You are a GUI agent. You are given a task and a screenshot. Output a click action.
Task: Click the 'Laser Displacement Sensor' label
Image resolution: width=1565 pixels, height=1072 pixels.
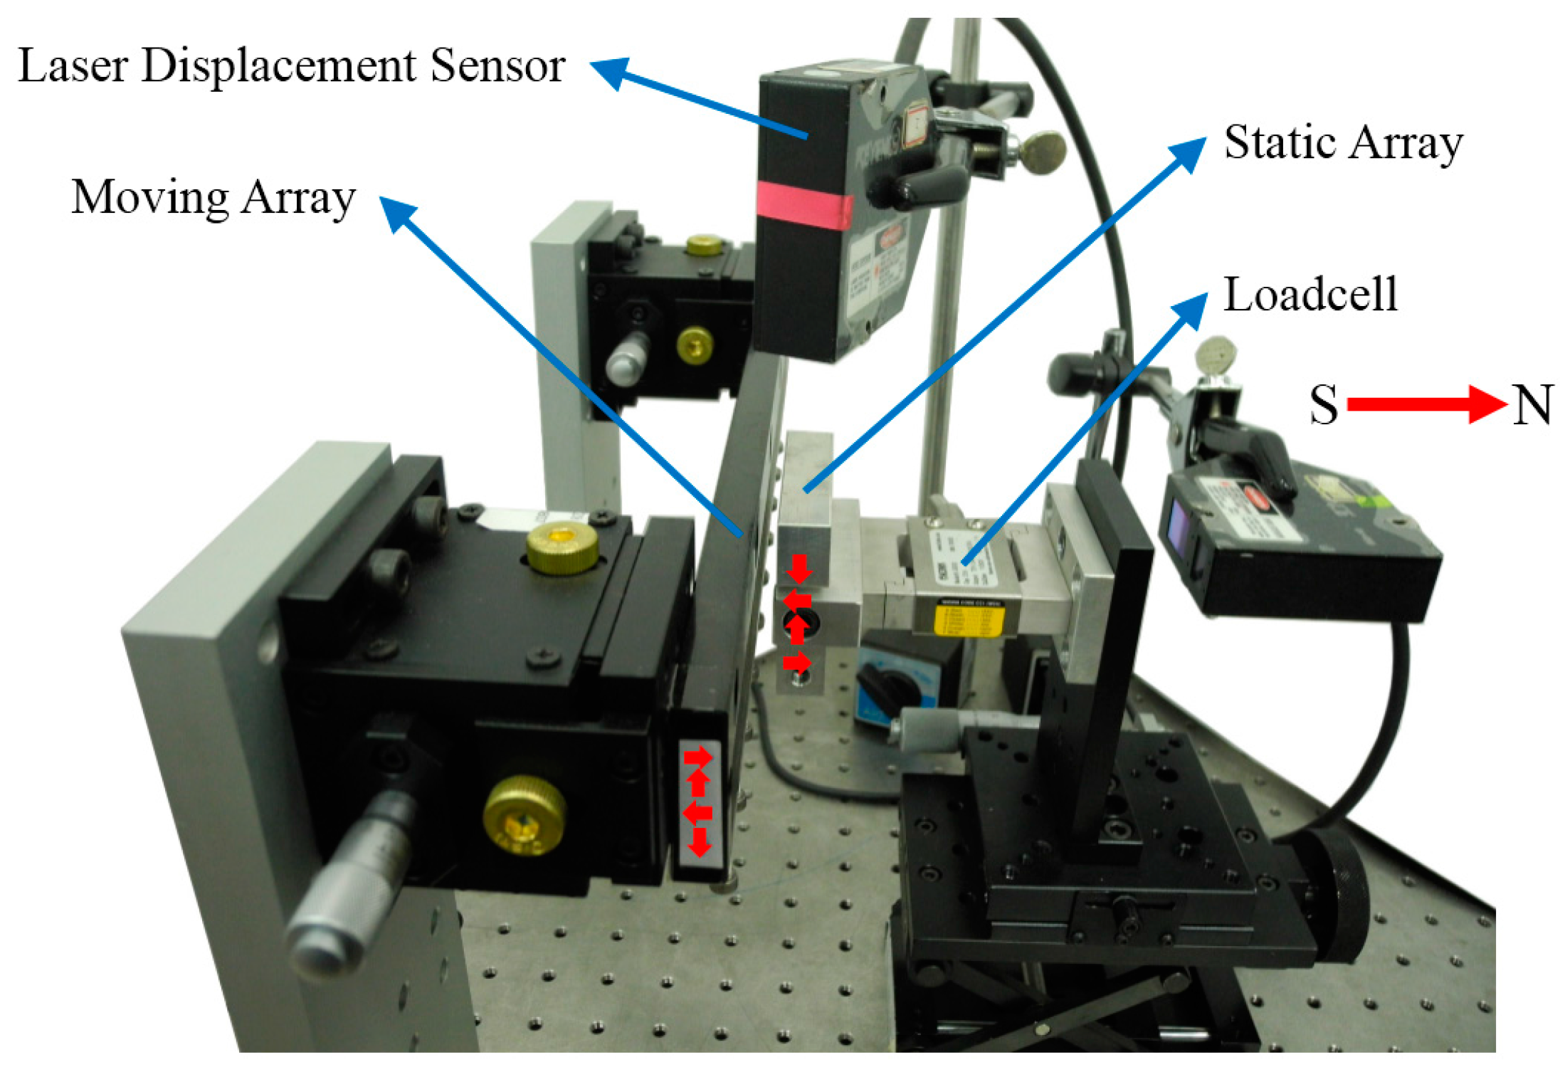pos(291,66)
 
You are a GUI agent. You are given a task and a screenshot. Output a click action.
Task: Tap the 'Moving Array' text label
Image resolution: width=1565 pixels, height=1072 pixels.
pos(213,198)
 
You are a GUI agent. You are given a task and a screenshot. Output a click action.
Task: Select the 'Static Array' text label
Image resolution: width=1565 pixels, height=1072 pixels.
pos(1342,143)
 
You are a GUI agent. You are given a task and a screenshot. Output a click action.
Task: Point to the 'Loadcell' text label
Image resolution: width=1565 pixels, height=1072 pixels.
pos(1310,295)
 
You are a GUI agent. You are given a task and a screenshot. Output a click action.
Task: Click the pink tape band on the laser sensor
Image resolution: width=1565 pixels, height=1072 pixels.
pos(803,205)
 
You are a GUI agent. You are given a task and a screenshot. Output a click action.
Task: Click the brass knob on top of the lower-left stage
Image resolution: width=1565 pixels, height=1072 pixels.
pos(562,549)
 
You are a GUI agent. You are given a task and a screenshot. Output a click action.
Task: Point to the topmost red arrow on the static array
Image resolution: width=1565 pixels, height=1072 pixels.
pos(799,569)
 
